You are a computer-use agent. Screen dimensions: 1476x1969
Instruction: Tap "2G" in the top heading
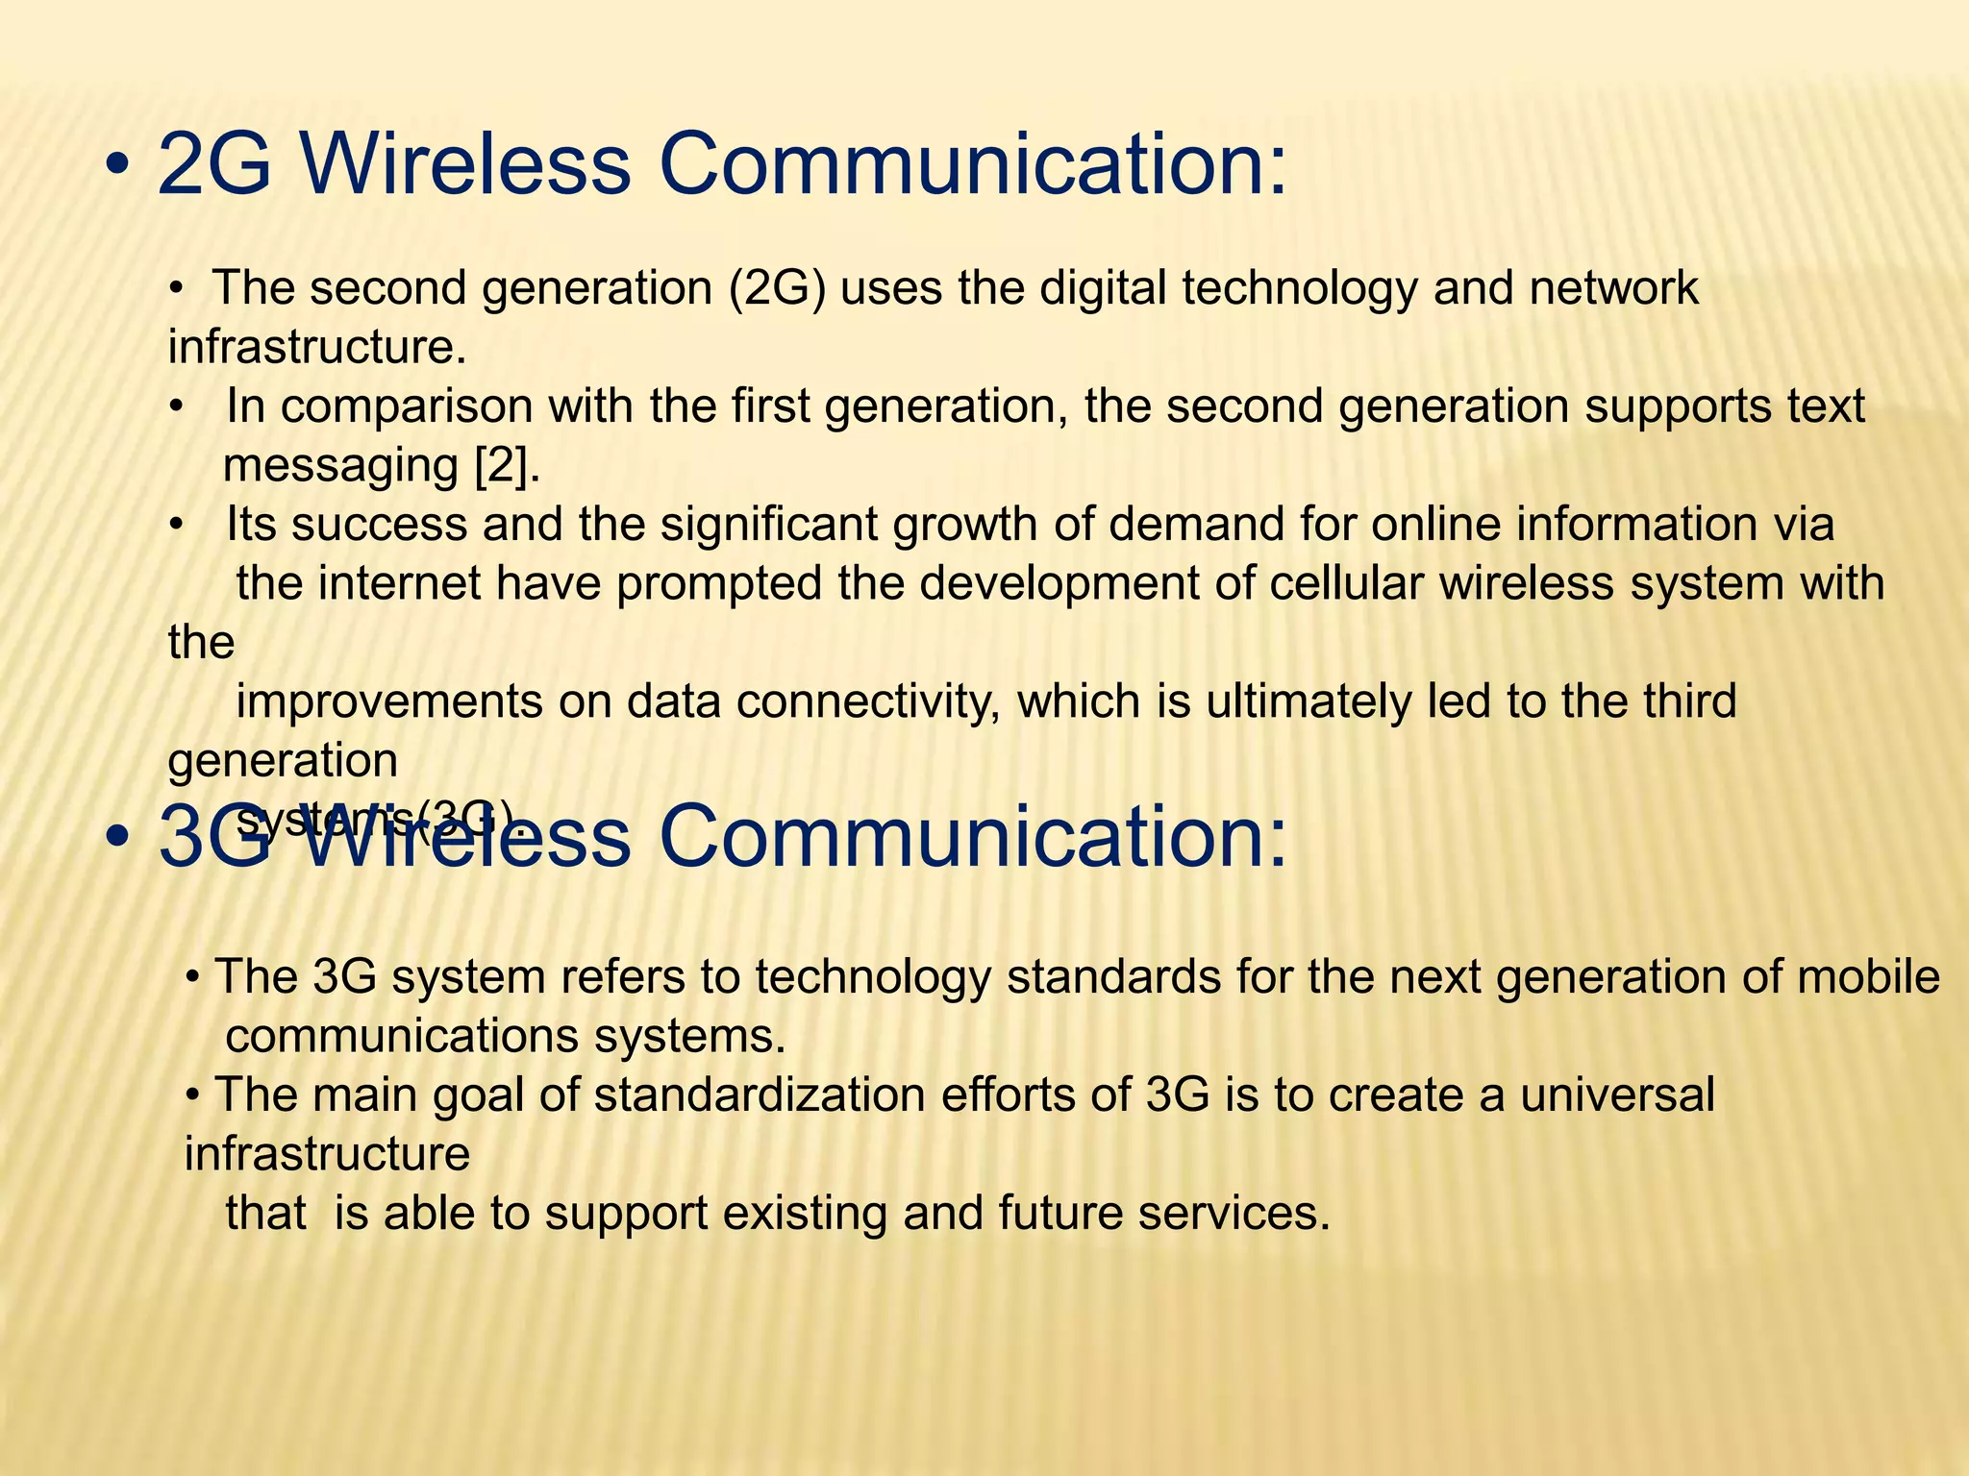pyautogui.click(x=213, y=163)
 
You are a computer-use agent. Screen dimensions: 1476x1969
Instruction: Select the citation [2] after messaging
pyautogui.click(x=507, y=466)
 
